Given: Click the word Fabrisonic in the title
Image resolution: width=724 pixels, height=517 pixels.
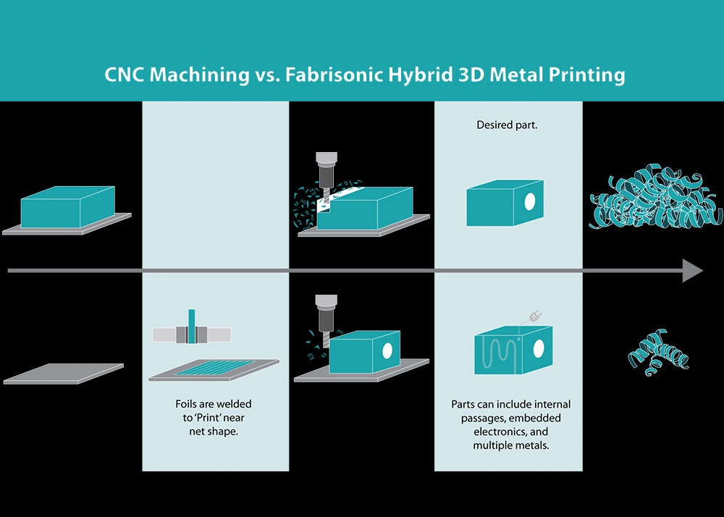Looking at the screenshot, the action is pos(334,75).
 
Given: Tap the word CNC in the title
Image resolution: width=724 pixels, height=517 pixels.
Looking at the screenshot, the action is pos(124,75).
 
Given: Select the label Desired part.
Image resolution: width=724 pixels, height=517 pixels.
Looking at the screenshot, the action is pos(507,125).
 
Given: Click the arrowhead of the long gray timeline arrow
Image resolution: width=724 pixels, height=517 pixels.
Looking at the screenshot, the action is pos(693,270).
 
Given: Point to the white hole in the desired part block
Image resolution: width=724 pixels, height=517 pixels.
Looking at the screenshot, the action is pos(530,201).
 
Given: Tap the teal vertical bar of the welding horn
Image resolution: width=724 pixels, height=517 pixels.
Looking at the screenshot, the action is pos(192,327).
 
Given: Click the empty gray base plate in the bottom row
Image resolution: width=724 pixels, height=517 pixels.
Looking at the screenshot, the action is pos(64,374).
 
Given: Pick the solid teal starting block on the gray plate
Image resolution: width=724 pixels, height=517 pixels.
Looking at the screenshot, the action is pos(67,207).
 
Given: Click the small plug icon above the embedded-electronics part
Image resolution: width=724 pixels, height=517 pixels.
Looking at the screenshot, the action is pos(536,316).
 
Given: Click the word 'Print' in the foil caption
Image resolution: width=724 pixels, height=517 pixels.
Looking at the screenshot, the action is pos(206,418).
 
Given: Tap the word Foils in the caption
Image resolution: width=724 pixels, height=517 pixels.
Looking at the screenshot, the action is pos(186,404).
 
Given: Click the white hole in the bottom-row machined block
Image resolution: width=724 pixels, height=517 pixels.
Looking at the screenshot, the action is pos(387,350).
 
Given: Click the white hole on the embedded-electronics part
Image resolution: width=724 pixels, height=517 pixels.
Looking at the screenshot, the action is pos(539,348).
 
